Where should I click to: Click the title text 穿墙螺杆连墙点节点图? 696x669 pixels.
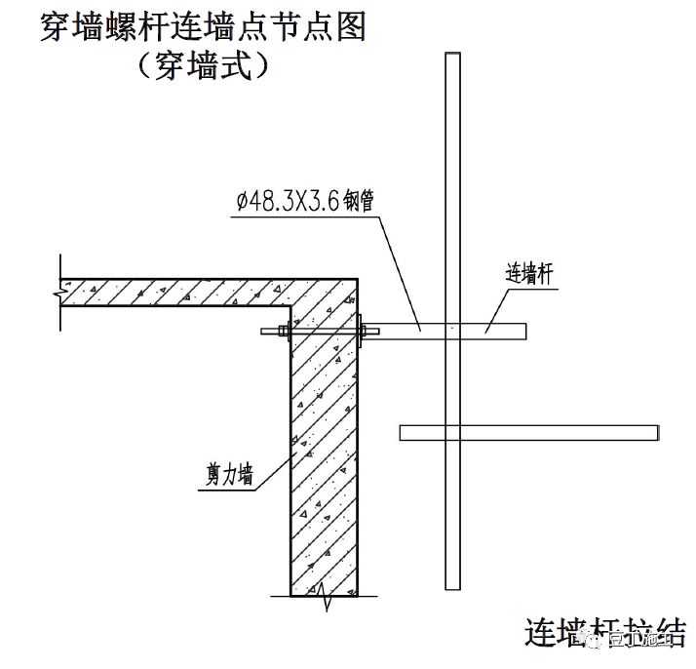202,26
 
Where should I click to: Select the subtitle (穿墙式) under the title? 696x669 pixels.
202,66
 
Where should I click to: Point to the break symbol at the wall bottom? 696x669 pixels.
325,598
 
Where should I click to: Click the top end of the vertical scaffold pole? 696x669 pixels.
451,57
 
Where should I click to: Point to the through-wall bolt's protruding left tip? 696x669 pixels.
266,333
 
